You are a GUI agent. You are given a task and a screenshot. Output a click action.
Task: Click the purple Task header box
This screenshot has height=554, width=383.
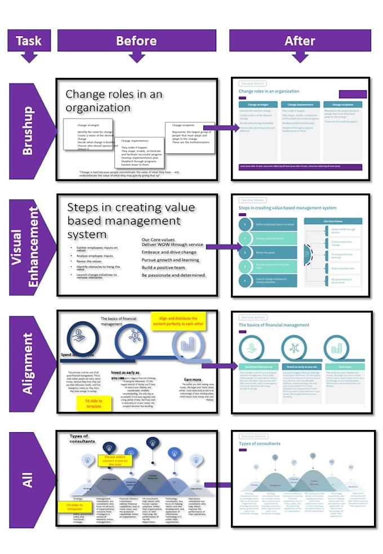[x=29, y=40]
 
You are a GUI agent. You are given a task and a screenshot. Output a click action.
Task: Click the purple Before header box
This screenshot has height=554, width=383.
[x=136, y=40]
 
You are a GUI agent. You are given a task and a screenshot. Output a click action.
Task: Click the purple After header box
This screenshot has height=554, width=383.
[x=300, y=40]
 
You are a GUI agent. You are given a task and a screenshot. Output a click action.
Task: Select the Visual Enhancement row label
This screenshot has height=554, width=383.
[x=27, y=247]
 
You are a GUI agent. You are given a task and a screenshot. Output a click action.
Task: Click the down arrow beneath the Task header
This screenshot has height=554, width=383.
[x=29, y=57]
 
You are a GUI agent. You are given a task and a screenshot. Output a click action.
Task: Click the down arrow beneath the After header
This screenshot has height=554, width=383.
[x=300, y=57]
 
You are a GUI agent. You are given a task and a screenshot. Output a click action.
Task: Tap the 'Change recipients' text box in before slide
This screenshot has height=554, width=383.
[x=189, y=136]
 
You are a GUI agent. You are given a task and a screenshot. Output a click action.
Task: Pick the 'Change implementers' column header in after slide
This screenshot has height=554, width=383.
[x=300, y=104]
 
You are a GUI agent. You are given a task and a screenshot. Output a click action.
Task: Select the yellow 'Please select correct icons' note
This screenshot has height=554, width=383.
[x=117, y=460]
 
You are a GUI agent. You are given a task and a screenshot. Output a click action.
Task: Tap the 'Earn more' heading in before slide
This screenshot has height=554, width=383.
[x=193, y=380]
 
